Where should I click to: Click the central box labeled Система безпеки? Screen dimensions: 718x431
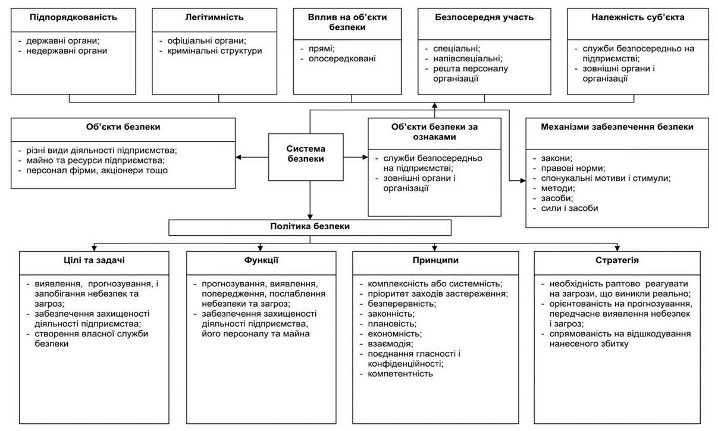click(306, 157)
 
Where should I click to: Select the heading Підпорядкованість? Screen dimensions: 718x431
click(73, 17)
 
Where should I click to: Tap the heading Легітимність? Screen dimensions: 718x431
click(214, 17)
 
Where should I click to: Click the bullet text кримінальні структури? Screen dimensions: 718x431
click(214, 51)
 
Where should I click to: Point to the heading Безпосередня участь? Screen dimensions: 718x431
click(484, 17)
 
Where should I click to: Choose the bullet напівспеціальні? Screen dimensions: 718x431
click(468, 59)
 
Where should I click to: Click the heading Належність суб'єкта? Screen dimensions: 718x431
click(638, 17)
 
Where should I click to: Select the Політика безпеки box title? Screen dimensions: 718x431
click(310, 226)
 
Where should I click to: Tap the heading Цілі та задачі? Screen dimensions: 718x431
click(94, 260)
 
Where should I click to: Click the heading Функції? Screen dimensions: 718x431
click(261, 260)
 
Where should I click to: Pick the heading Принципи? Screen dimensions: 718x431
click(435, 260)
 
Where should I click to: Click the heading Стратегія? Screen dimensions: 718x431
click(617, 260)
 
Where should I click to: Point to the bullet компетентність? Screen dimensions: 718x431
click(400, 374)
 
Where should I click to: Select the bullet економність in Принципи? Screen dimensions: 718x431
click(394, 334)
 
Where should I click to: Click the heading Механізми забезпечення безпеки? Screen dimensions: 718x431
click(617, 127)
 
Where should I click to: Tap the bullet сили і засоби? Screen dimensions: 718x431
click(569, 208)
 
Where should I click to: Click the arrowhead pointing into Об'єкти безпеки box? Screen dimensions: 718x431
click(239, 157)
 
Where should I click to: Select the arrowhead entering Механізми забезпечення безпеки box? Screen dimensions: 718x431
click(523, 180)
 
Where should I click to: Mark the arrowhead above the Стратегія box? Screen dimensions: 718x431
click(617, 248)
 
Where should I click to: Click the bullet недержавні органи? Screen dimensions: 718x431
click(67, 51)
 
